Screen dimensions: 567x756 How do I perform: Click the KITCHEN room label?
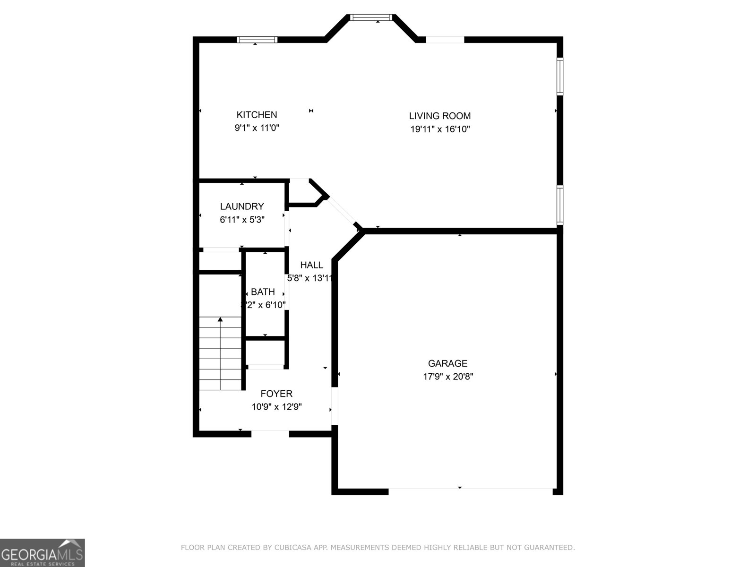257,115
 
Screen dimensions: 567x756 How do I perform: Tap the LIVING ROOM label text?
439,116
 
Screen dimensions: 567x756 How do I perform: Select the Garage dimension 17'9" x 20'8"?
448,377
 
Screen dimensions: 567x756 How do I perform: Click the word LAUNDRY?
242,206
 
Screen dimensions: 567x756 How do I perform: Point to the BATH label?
263,292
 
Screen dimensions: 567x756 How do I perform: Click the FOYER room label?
276,394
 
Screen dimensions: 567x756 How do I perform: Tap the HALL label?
311,265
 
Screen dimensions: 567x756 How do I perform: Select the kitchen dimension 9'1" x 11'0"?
257,128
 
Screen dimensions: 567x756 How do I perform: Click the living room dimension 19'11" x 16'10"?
439,129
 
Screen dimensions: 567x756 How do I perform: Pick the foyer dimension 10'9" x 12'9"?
276,407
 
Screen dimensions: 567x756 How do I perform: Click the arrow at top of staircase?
220,320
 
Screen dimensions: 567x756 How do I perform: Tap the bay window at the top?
371,17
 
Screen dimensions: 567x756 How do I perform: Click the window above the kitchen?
257,40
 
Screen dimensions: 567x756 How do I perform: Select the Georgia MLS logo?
42,552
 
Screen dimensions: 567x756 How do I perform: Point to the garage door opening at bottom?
470,491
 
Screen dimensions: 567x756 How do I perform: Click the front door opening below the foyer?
270,433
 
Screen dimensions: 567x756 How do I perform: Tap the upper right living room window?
560,76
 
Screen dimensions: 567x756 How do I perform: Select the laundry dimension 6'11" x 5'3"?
242,220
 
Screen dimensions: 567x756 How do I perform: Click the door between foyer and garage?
335,406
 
